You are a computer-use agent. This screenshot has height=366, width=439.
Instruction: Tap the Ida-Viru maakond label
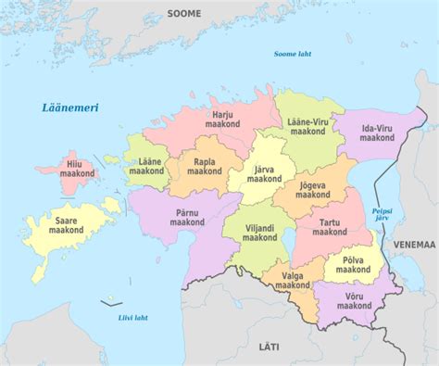click(377, 132)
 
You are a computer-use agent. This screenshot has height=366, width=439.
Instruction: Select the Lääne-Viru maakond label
click(308, 128)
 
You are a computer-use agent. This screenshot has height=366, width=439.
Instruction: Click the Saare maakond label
click(66, 225)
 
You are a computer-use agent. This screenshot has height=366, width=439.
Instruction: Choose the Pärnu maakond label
click(188, 217)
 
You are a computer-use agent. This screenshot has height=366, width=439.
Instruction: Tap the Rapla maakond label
click(205, 167)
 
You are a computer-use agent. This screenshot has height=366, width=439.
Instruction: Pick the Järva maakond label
click(264, 173)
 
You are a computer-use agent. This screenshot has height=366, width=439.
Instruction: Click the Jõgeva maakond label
click(314, 189)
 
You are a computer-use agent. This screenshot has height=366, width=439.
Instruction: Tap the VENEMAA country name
click(413, 246)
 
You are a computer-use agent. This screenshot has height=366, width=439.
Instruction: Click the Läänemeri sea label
click(70, 108)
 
